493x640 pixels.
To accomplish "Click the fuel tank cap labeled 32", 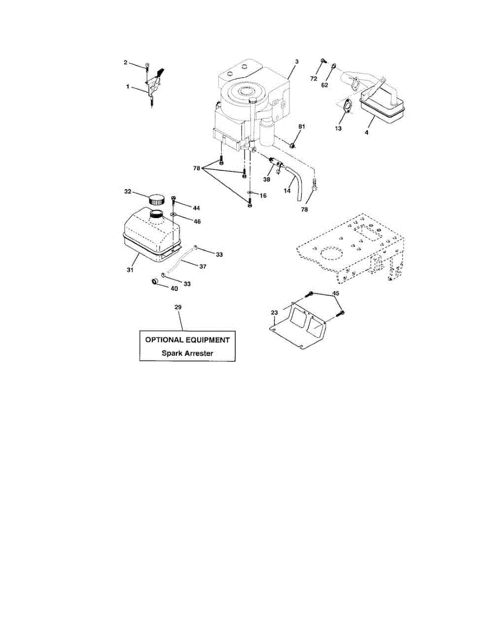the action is (157, 199).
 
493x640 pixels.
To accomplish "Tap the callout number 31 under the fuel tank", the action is (130, 270).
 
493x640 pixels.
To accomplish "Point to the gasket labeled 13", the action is (347, 106).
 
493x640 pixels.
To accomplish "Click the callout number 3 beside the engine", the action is (296, 62).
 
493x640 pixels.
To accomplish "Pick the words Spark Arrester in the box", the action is (187, 353).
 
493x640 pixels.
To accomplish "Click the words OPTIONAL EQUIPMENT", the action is (187, 340).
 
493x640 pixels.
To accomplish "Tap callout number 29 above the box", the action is (178, 308).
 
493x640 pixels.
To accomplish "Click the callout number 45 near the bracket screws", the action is (336, 293).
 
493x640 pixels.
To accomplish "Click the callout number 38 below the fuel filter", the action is (266, 180).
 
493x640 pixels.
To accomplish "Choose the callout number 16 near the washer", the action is (262, 196).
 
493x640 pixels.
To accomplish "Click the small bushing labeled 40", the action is (156, 281).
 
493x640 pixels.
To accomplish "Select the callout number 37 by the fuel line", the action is (203, 266).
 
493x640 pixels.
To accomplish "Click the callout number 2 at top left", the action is (125, 63).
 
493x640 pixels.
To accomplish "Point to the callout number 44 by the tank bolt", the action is (197, 207).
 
